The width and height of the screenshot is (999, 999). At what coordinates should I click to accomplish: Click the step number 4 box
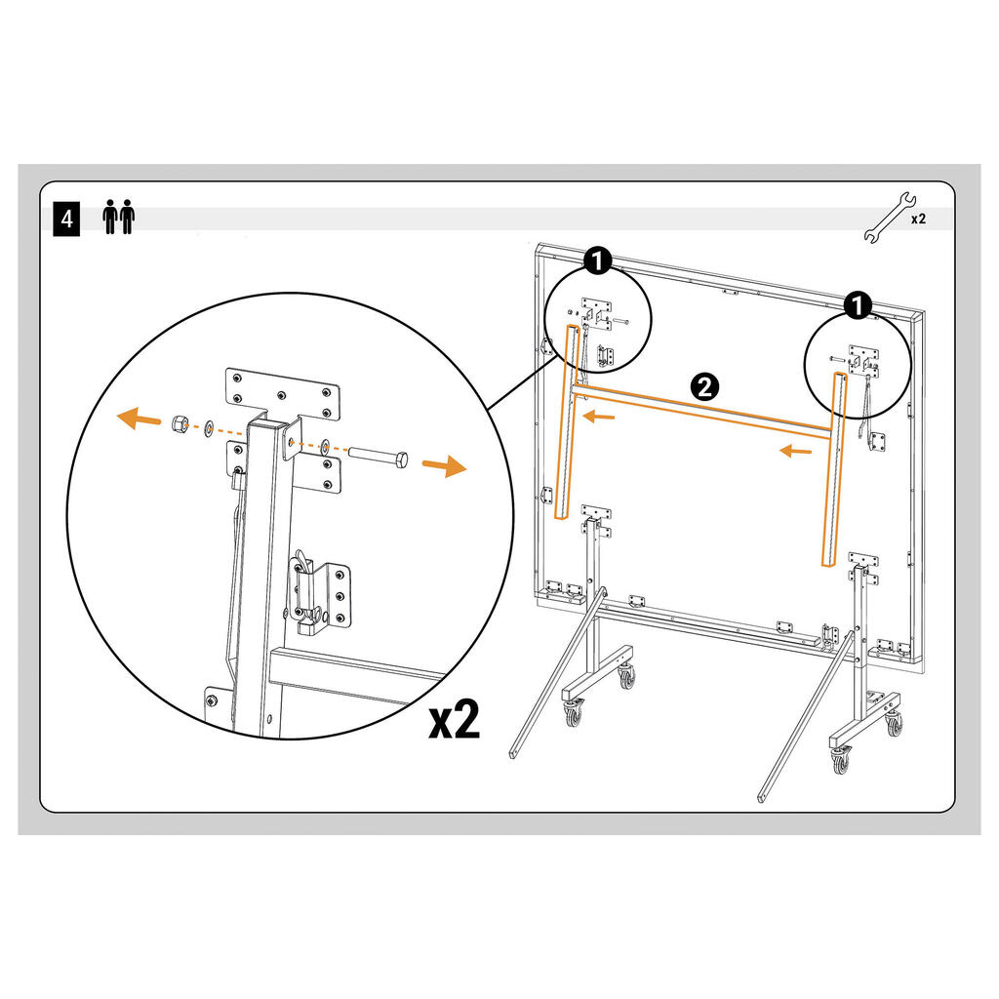66,220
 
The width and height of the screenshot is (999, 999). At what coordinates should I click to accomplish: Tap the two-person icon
118,217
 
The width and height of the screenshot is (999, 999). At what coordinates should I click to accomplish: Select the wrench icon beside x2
890,217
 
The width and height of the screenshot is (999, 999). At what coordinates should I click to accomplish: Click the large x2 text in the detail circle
454,720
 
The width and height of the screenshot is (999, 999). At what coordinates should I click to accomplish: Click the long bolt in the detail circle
378,459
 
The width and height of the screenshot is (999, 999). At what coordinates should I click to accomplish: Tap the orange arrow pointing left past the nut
139,419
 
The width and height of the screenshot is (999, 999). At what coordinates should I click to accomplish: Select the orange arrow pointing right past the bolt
445,466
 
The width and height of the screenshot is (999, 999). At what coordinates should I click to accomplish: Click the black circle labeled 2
704,386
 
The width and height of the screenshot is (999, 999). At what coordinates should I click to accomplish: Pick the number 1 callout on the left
598,260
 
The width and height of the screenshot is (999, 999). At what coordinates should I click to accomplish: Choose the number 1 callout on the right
858,305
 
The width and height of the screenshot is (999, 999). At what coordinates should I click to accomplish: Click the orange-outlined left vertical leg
568,422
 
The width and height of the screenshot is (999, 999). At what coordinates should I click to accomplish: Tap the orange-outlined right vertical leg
835,469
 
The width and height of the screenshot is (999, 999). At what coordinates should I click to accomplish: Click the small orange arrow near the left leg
599,418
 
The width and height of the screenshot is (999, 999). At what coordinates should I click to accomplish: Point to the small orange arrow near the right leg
796,452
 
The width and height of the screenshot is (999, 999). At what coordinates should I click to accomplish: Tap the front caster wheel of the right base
840,761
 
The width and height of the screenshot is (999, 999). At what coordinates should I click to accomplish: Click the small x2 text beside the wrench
918,220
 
